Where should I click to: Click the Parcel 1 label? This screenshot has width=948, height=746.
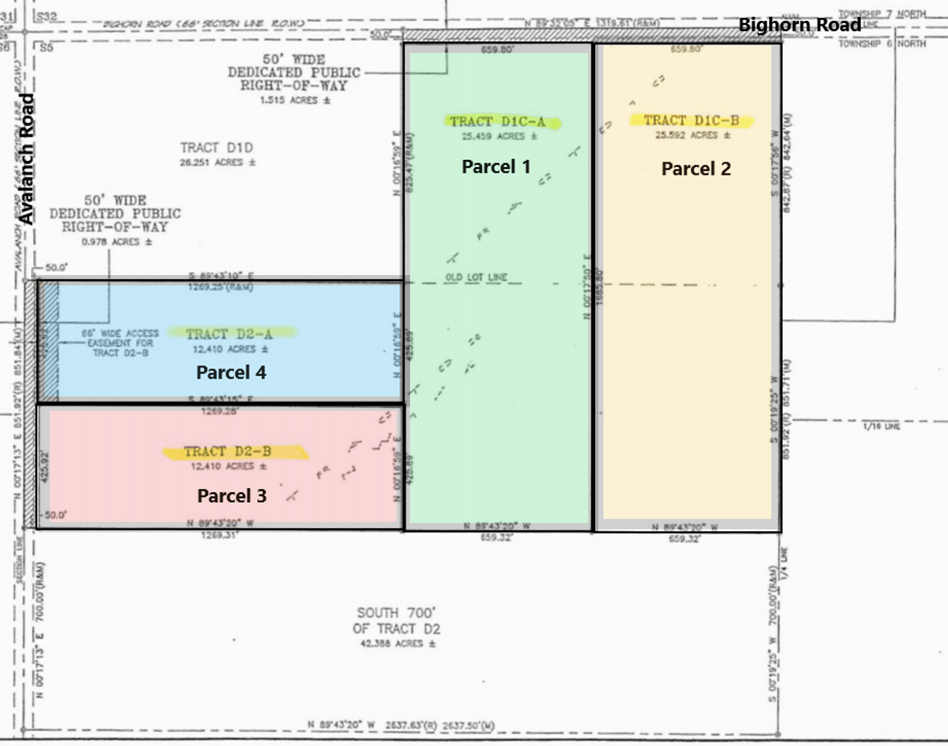pyautogui.click(x=496, y=167)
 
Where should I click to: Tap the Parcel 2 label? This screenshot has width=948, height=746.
pyautogui.click(x=696, y=169)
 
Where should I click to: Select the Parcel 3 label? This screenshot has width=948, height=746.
pyautogui.click(x=231, y=496)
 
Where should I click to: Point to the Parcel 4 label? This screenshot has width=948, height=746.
pyautogui.click(x=231, y=373)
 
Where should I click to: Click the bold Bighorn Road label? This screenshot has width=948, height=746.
pyautogui.click(x=799, y=25)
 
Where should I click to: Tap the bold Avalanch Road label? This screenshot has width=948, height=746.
pyautogui.click(x=26, y=159)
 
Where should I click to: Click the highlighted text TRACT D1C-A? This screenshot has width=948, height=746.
pyautogui.click(x=498, y=122)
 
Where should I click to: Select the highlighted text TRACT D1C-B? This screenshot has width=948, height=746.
pyautogui.click(x=691, y=120)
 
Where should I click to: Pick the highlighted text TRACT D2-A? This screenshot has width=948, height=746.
pyautogui.click(x=229, y=334)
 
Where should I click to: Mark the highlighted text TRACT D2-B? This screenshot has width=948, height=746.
pyautogui.click(x=227, y=452)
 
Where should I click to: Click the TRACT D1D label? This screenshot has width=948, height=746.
pyautogui.click(x=216, y=148)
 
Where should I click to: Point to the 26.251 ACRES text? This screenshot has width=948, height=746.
pyautogui.click(x=218, y=162)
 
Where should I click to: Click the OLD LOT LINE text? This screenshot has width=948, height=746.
pyautogui.click(x=476, y=277)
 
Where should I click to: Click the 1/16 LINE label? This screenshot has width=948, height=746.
pyautogui.click(x=881, y=427)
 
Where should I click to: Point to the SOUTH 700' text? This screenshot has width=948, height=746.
pyautogui.click(x=396, y=613)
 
